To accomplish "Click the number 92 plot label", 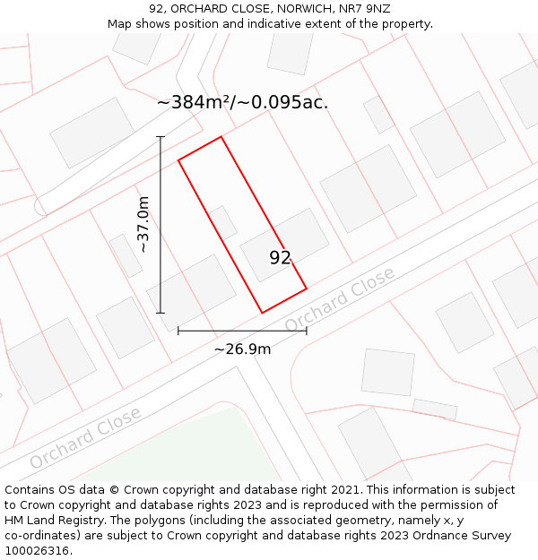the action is (x=280, y=258).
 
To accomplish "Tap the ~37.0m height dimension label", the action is (x=143, y=224).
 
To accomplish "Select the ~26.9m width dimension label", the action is (x=242, y=349).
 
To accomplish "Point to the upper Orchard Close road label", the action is (x=339, y=299).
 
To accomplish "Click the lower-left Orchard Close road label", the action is (x=85, y=437).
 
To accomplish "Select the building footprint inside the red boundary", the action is (x=284, y=245).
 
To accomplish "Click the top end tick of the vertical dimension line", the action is (x=161, y=137).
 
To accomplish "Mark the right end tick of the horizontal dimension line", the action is (x=307, y=331).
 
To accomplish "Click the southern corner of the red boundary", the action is (x=262, y=313).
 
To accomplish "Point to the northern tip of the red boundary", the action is (x=221, y=137).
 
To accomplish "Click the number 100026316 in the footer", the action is (x=36, y=551).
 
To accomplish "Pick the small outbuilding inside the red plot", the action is (x=221, y=221).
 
